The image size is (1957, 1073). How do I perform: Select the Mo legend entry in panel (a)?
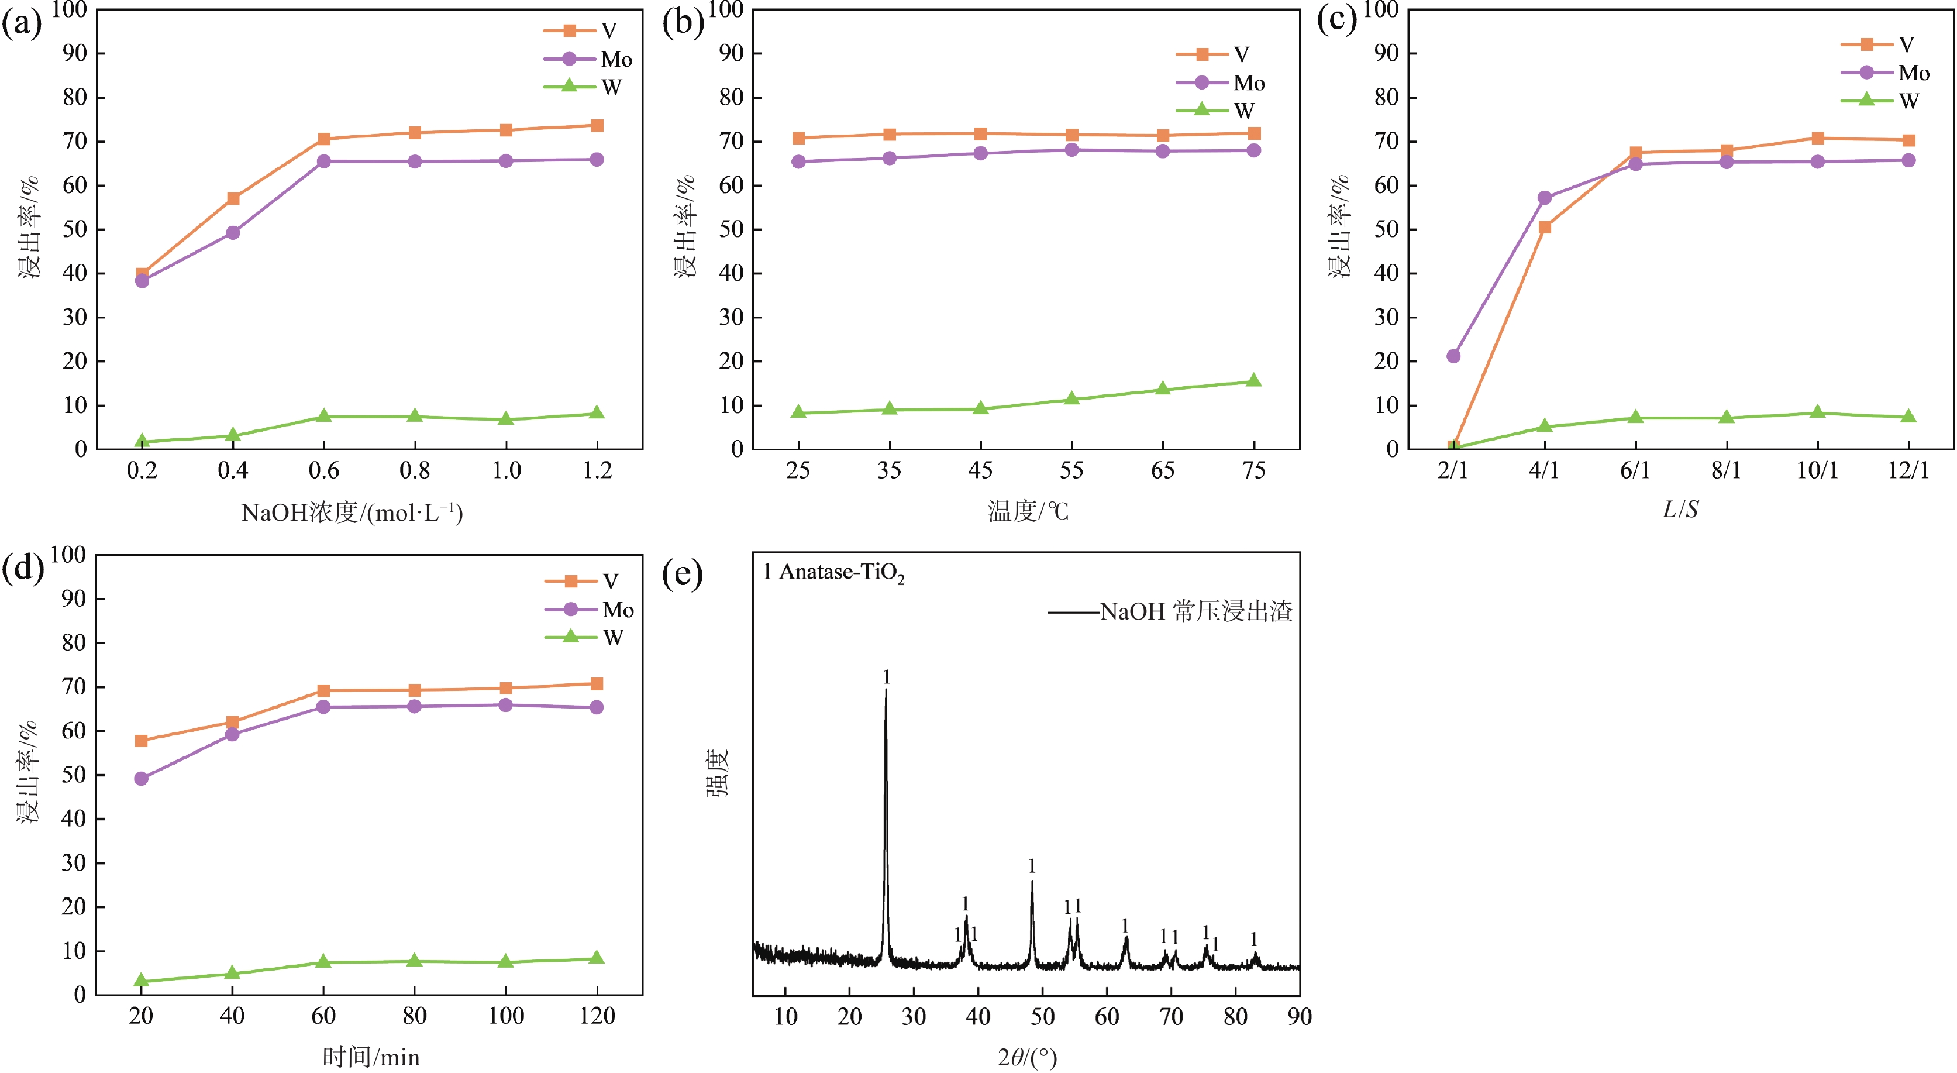[x=587, y=59]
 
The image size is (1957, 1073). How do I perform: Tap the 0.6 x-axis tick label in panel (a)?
[x=323, y=471]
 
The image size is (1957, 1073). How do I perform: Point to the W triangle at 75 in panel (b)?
[x=1253, y=381]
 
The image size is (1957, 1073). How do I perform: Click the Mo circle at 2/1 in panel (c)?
[x=1453, y=356]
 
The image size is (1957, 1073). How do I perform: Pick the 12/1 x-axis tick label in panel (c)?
[x=1908, y=471]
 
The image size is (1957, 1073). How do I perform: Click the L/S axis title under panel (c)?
[x=1680, y=509]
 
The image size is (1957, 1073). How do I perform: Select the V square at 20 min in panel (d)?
[x=142, y=740]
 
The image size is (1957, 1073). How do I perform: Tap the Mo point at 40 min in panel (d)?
[x=232, y=734]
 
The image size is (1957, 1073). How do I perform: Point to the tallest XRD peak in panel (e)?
[x=885, y=692]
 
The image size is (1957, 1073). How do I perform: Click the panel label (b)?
[x=682, y=23]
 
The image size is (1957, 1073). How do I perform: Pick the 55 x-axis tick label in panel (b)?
[x=1071, y=471]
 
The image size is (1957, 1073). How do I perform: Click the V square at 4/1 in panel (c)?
[x=1545, y=227]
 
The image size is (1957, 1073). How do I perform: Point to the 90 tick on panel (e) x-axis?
[x=1299, y=1017]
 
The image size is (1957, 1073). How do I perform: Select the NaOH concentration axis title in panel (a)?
[x=352, y=513]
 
